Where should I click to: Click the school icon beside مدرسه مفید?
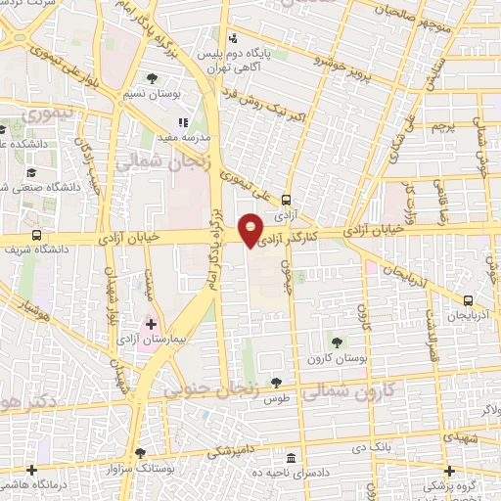click(182, 123)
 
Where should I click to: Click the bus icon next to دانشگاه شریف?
click(37, 235)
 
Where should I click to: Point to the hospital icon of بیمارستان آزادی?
click(151, 323)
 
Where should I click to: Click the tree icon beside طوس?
click(277, 383)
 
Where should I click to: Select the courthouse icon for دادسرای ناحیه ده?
click(291, 458)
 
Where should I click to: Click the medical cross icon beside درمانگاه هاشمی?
click(32, 469)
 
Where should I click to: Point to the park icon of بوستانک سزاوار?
click(141, 453)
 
